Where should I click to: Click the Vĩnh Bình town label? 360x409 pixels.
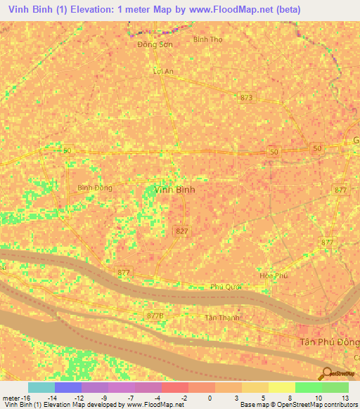(x=174, y=190)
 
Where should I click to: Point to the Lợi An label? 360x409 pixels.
(x=162, y=71)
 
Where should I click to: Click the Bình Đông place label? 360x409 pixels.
(x=94, y=188)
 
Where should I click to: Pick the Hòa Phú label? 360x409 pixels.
(x=274, y=276)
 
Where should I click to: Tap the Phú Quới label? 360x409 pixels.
(x=225, y=287)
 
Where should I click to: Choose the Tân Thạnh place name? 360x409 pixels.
(x=221, y=317)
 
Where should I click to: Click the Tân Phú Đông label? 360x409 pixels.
(x=324, y=341)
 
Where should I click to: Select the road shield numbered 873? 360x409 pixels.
(x=245, y=97)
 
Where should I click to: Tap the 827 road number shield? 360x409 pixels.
(x=181, y=231)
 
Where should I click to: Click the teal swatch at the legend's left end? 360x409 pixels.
(x=41, y=387)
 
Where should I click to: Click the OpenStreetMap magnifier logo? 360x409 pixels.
(x=326, y=375)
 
